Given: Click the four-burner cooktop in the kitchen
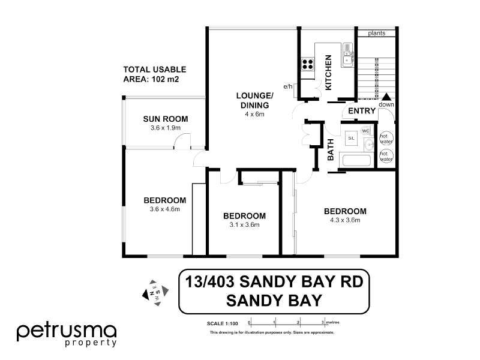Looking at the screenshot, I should tap(308, 64).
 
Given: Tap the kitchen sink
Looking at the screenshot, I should tap(347, 58).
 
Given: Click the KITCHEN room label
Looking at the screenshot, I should tap(328, 72).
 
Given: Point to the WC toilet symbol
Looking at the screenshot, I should tap(365, 131).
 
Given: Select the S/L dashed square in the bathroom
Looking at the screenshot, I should tap(352, 138).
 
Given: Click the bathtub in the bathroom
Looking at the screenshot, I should tap(356, 160).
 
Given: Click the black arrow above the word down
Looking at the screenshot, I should tap(386, 97).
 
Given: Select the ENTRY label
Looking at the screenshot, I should tap(362, 111).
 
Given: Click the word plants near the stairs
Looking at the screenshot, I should tap(377, 32).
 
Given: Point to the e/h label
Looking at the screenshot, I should tap(289, 88).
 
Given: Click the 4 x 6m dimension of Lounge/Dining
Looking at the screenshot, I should tap(254, 114).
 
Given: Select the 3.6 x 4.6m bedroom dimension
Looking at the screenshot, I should tap(165, 209).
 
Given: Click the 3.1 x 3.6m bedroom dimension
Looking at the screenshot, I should tap(244, 225).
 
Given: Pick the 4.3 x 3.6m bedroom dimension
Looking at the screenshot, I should tap(345, 220).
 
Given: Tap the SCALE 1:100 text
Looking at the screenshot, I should tap(221, 323).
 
